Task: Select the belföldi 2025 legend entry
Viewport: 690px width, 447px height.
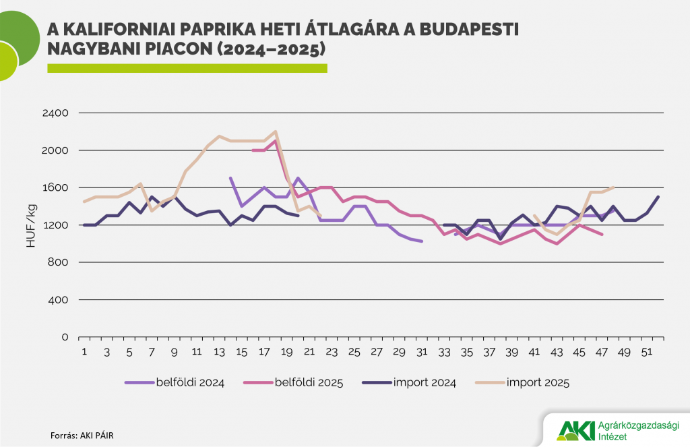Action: click(309, 383)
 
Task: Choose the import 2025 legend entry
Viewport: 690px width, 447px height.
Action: click(536, 383)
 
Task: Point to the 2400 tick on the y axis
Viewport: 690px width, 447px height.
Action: click(56, 113)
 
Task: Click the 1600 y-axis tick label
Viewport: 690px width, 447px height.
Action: click(56, 187)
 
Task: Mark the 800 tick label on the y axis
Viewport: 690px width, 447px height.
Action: click(59, 262)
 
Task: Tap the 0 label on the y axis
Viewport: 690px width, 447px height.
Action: click(65, 337)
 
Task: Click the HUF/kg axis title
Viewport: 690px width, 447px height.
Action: click(31, 225)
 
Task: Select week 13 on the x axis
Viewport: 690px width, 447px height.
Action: click(220, 352)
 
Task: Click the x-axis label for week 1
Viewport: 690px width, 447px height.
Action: click(84, 352)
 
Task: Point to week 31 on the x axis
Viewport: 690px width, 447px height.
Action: click(422, 352)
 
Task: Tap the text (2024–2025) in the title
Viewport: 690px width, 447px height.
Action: click(272, 49)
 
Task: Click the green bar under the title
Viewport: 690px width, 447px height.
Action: click(187, 68)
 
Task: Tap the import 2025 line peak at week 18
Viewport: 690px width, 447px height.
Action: click(276, 131)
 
